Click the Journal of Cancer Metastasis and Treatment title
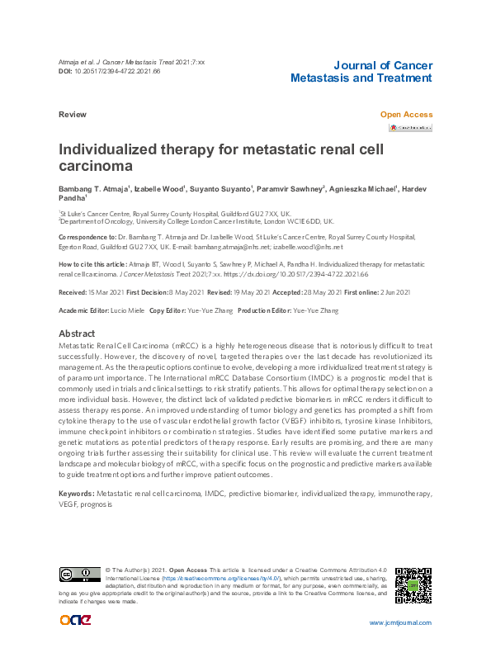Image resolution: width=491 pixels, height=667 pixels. coord(361,72)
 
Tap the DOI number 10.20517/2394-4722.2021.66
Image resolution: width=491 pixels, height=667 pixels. coord(125,72)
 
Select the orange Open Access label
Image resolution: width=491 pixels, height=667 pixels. coord(406,115)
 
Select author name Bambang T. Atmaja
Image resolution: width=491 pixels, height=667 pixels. coord(92,190)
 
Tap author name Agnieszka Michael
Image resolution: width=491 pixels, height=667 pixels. coord(363,190)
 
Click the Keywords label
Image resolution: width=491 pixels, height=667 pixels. coord(77,493)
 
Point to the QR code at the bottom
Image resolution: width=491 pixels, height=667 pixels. coord(413,584)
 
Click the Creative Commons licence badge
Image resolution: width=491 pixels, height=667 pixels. coord(79,574)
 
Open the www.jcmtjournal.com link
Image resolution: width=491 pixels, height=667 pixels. coord(400,622)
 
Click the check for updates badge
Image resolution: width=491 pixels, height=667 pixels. coord(410,128)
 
